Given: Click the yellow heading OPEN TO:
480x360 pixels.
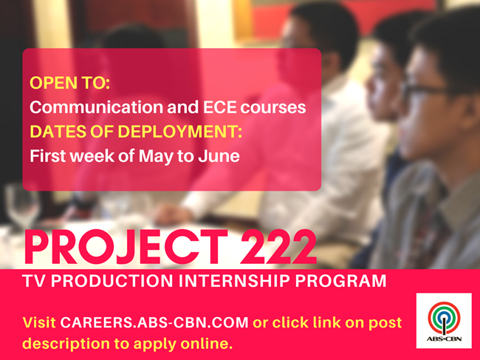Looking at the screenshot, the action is [x=70, y=83].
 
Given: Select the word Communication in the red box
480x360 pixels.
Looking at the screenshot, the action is [x=97, y=107].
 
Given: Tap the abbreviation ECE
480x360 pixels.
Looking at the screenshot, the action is [x=220, y=107].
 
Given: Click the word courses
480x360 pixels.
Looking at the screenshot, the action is [x=273, y=108].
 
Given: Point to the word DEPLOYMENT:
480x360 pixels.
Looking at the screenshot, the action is [x=180, y=132].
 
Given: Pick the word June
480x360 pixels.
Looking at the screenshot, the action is [x=219, y=156].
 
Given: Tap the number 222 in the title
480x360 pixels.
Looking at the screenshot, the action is [x=278, y=247].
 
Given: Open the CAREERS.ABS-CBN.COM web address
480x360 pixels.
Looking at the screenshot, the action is [x=154, y=322].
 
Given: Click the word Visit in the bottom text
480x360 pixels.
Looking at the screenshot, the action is [x=39, y=322].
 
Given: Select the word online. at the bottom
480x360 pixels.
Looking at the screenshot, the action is [x=207, y=344].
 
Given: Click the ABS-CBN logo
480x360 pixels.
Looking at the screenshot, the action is [x=444, y=321].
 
